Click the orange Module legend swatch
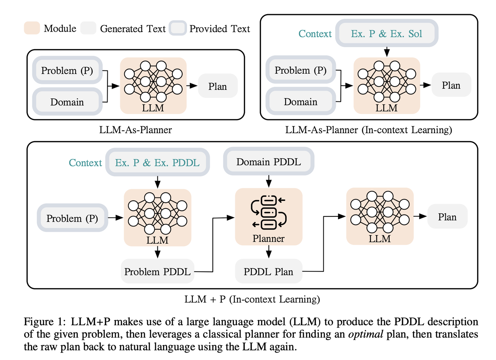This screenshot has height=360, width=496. tap(32, 28)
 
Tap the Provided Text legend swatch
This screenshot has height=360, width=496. tap(178, 28)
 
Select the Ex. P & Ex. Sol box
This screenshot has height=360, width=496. tap(386, 33)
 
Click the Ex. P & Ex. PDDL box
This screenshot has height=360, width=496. tap(157, 162)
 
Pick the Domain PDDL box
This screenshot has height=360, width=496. tap(269, 162)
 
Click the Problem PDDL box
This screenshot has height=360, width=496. tap(157, 272)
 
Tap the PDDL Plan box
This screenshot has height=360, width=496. tap(269, 272)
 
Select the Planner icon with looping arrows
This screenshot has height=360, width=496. tap(269, 212)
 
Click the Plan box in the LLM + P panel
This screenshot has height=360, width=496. tap(447, 217)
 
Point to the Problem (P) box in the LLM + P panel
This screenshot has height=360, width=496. tap(72, 218)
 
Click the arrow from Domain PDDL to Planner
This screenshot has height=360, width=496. tap(269, 181)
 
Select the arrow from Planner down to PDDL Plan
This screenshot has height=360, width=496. tap(269, 253)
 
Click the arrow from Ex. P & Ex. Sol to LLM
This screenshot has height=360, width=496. tap(387, 52)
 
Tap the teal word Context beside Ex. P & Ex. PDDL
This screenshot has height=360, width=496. tap(85, 163)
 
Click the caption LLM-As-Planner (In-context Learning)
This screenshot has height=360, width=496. tap(369, 130)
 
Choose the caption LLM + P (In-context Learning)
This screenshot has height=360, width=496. tap(252, 299)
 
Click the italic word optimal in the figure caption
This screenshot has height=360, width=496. tap(366, 334)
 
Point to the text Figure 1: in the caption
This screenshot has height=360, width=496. tap(44, 322)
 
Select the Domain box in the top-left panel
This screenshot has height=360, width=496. tap(67, 102)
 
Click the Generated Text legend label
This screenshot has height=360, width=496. tap(133, 29)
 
